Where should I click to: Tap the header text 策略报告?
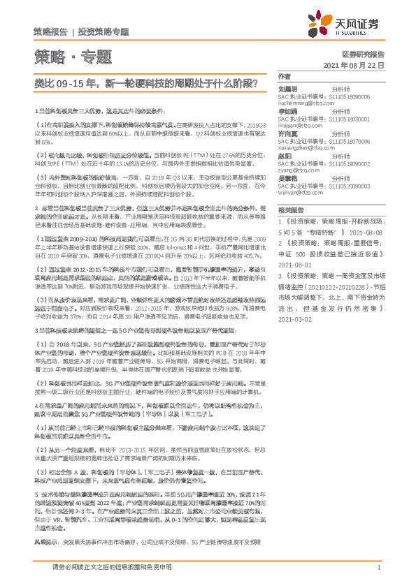(50, 31)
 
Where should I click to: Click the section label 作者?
(284, 76)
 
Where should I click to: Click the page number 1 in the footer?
(378, 568)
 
